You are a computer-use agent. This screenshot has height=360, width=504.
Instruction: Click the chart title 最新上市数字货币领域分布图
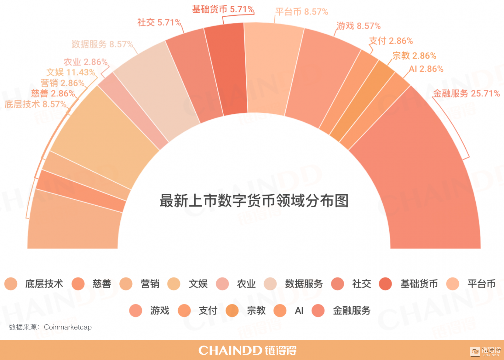(x=254, y=201)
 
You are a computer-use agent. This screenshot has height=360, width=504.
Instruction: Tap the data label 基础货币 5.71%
(x=223, y=9)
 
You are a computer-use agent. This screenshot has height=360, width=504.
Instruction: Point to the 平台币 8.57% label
(x=302, y=12)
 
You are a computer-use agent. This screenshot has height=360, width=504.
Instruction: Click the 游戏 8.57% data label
(x=358, y=26)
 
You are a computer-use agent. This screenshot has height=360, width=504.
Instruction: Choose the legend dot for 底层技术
(x=11, y=284)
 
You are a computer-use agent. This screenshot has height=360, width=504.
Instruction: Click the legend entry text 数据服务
(x=304, y=284)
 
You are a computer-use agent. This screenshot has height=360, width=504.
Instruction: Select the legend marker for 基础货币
(x=385, y=284)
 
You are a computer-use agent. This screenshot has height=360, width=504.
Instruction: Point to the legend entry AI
(x=299, y=311)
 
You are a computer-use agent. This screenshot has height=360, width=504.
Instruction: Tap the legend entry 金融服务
(x=352, y=311)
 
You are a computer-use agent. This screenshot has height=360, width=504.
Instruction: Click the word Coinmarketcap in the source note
(x=68, y=327)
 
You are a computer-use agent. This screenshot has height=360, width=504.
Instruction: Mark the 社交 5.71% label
(x=159, y=23)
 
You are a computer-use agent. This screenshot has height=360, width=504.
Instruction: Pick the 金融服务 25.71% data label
(x=466, y=94)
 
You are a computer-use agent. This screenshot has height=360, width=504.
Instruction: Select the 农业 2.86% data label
(x=86, y=62)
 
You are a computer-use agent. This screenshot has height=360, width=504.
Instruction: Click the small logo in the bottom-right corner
(x=486, y=351)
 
